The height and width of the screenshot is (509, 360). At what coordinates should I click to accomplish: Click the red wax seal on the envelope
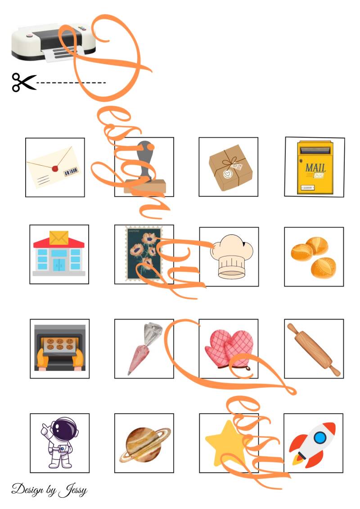(55, 169)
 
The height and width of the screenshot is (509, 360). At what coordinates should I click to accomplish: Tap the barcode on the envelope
(71, 171)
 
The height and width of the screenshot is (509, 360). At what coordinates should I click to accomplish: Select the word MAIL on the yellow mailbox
(315, 167)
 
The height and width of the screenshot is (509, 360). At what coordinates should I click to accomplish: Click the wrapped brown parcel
(230, 167)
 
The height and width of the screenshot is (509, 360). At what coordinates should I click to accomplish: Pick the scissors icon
(24, 82)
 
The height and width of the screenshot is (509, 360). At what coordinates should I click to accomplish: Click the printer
(54, 42)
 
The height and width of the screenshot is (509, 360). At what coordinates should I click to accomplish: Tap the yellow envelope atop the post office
(59, 238)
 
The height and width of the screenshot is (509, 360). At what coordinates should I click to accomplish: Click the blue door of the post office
(59, 265)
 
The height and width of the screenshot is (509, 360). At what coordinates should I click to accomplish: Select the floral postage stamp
(144, 253)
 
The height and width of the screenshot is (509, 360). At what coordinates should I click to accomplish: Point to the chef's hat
(231, 257)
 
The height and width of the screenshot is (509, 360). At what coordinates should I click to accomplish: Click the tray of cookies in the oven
(60, 344)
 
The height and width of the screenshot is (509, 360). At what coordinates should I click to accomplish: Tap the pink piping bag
(144, 348)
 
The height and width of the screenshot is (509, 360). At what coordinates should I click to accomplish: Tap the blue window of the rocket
(320, 437)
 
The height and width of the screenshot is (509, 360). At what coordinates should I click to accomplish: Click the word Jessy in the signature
(73, 490)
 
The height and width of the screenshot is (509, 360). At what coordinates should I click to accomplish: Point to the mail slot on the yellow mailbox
(315, 150)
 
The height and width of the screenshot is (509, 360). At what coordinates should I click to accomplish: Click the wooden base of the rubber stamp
(145, 187)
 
